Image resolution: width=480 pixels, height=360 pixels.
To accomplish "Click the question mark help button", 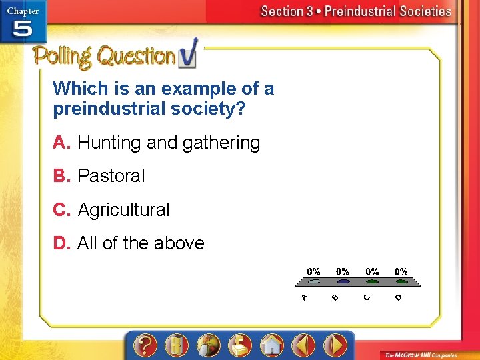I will point(145,345).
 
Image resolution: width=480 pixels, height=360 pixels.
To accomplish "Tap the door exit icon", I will point(177,345).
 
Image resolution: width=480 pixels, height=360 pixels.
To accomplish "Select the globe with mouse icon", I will point(208,345).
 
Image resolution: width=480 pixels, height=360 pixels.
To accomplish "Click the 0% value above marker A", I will point(313,271).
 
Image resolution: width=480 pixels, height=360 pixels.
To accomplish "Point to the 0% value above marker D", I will point(401,271).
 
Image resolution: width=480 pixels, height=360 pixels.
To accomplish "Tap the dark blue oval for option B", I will point(342,282).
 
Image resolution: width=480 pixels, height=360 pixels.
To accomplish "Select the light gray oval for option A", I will point(313,282).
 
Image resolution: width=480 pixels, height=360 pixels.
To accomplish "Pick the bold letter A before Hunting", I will point(62,143).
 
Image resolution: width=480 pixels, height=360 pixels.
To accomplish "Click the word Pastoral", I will point(111,176).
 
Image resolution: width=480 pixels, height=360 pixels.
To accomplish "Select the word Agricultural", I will point(123,210).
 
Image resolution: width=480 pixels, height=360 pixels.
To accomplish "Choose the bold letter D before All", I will point(62,243).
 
